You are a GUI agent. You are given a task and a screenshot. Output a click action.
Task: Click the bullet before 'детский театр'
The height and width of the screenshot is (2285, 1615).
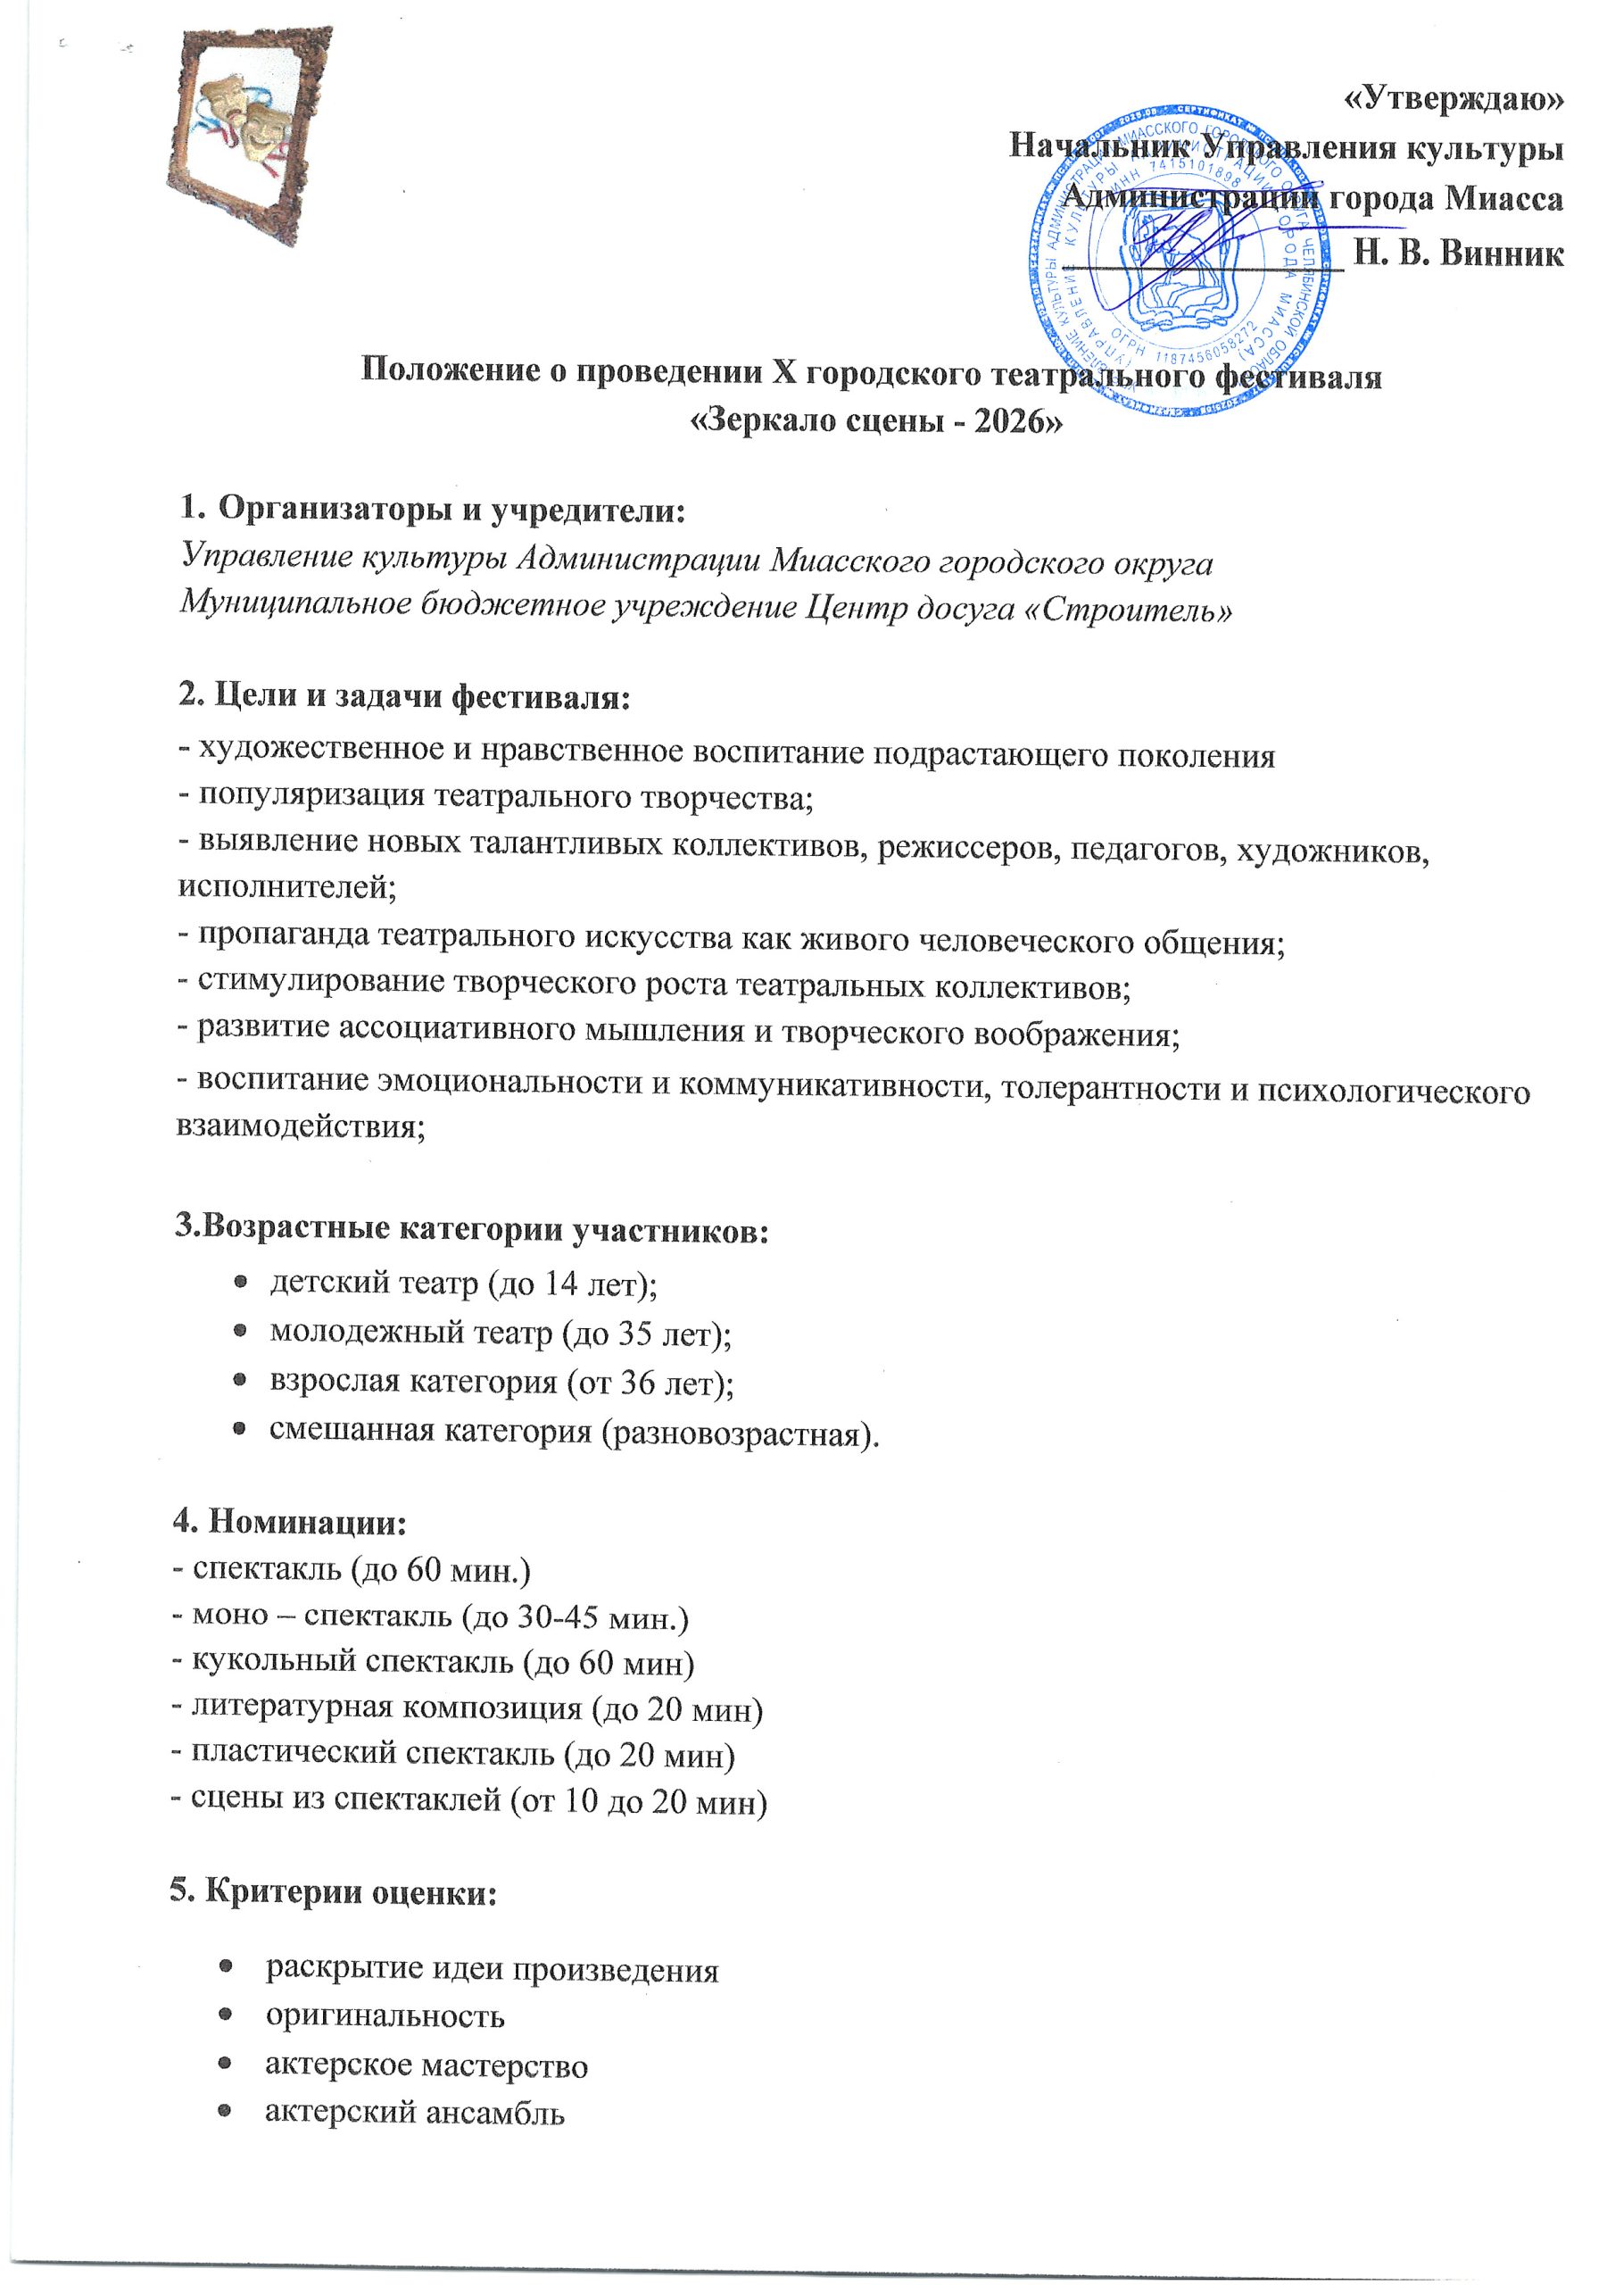click(x=240, y=1284)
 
